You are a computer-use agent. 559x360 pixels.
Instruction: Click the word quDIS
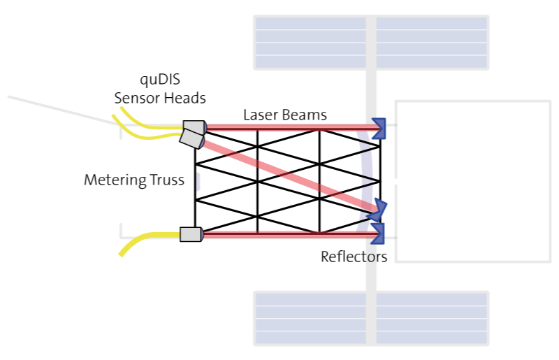(160, 80)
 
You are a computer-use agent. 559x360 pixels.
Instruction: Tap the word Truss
(167, 180)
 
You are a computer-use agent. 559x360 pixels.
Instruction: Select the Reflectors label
(354, 257)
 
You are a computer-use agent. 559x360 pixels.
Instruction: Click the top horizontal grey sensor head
(195, 127)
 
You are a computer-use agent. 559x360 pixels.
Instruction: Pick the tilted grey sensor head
(191, 139)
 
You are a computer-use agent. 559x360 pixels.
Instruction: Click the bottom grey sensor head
(191, 234)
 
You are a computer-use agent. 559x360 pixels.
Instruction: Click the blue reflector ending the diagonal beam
(377, 210)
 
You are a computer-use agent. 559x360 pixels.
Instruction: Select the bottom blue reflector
(377, 233)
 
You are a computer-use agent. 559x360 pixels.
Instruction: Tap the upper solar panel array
(371, 43)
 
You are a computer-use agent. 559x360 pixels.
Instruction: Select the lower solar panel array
(371, 319)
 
